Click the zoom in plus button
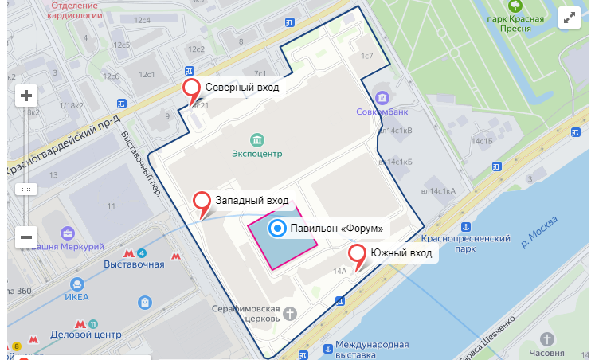[x=26, y=96]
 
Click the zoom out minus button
[x=26, y=237]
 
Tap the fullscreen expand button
[x=570, y=18]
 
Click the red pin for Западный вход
[x=203, y=202]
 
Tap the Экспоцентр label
[x=256, y=153]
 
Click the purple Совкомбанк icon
[x=383, y=98]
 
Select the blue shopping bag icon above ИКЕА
[x=144, y=302]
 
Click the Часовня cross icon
[x=546, y=338]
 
